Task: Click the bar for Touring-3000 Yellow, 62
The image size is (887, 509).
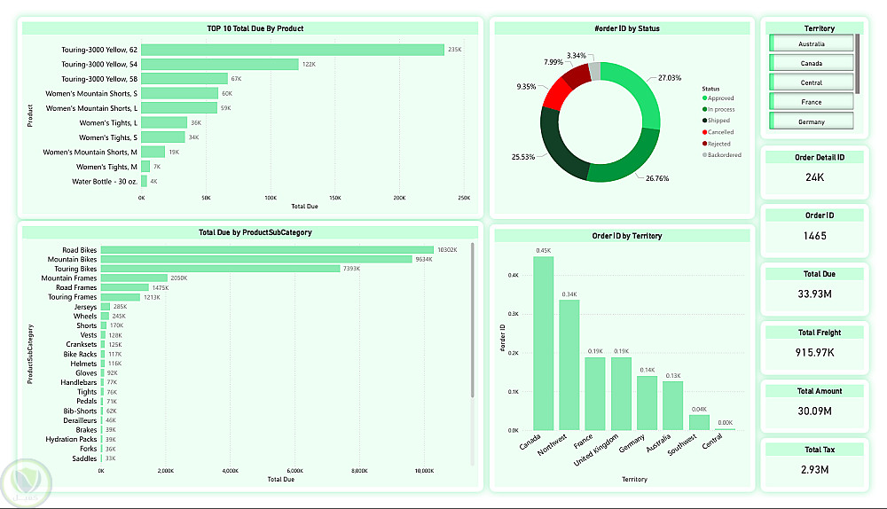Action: [293, 50]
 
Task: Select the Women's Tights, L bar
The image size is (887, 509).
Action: [164, 122]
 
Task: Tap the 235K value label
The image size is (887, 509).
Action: [455, 50]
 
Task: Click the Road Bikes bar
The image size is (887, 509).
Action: [267, 250]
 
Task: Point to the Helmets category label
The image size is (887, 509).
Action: [84, 364]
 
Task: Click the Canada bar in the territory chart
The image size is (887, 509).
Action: [543, 343]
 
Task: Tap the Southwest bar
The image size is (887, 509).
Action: [699, 422]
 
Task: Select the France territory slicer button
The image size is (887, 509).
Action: [812, 102]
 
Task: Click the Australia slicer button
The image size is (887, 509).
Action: [812, 43]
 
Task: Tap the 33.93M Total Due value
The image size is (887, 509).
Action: [815, 294]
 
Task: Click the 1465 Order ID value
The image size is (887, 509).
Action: [815, 236]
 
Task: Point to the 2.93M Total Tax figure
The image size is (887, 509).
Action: [815, 469]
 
